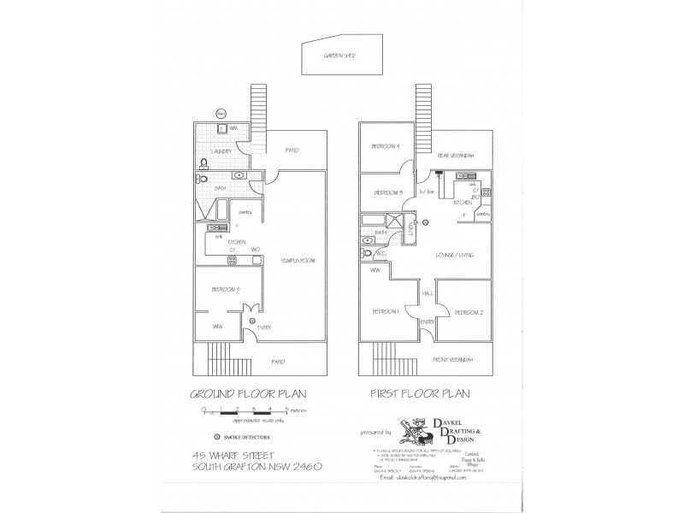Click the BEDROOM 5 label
(225, 290)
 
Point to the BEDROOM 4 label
(386, 146)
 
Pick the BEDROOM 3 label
(387, 192)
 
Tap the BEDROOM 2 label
(469, 313)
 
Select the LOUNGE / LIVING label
(454, 255)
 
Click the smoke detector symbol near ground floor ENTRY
(251, 321)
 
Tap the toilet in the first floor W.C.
(369, 254)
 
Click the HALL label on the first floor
(426, 293)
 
